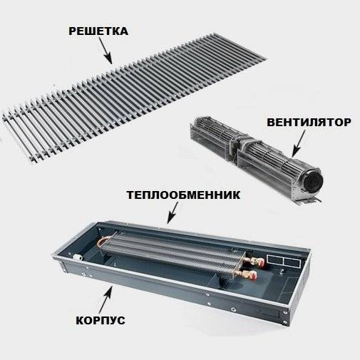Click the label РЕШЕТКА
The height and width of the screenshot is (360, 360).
[x=98, y=31]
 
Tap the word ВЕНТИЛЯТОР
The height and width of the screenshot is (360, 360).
[x=309, y=123]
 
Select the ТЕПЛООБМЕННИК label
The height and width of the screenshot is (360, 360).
[x=183, y=195]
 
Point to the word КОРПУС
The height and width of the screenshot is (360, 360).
[x=101, y=320]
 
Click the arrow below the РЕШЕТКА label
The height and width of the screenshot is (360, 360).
[x=106, y=51]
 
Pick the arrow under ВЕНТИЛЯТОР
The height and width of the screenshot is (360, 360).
[x=298, y=144]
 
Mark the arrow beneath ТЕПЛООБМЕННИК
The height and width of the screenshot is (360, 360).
[x=173, y=213]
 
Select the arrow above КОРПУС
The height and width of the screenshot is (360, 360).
[x=105, y=299]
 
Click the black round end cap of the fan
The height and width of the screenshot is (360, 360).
[x=313, y=180]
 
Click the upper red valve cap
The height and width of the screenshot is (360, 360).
[x=261, y=261]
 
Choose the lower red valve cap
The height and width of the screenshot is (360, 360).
[x=253, y=275]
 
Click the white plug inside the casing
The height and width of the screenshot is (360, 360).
[x=78, y=257]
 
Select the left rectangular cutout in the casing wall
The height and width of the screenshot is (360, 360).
[x=274, y=259]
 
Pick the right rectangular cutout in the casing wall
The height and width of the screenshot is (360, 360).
[x=292, y=262]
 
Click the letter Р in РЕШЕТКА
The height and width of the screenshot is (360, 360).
[x=72, y=31]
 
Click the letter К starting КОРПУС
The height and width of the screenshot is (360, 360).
[x=80, y=320]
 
